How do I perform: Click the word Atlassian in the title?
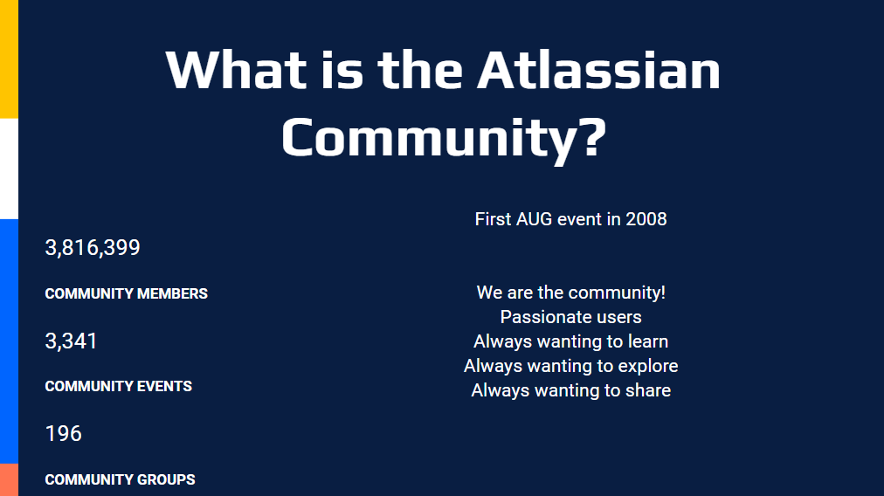click(x=598, y=71)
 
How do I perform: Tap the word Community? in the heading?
click(x=444, y=138)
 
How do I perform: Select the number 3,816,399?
click(x=93, y=247)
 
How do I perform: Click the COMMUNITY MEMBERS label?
click(x=127, y=293)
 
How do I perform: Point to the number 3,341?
click(x=71, y=341)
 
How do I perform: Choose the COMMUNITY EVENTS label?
click(x=119, y=386)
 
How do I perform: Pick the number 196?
click(x=64, y=433)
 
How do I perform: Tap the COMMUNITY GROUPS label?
click(x=120, y=479)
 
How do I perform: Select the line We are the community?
click(x=571, y=293)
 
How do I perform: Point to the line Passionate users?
click(x=571, y=317)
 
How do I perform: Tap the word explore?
click(x=648, y=366)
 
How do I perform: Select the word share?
click(x=648, y=390)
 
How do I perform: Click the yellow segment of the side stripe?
click(x=9, y=59)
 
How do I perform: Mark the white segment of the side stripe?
click(x=9, y=169)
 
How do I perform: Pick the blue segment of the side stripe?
click(x=9, y=341)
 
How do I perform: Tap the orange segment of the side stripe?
click(x=9, y=479)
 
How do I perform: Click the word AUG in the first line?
click(x=534, y=219)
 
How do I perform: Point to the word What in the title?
click(x=236, y=71)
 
